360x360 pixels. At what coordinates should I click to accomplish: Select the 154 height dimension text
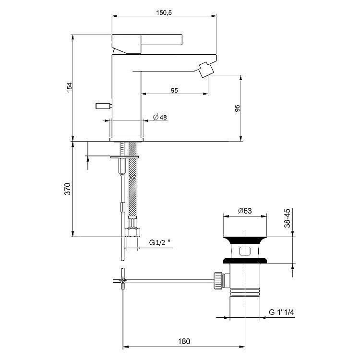[x=69, y=87]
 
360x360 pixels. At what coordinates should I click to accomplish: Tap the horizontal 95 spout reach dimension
[x=174, y=90]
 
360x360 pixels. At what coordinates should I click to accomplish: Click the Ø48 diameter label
[x=159, y=117]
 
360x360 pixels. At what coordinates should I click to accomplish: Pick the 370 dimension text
[x=68, y=189]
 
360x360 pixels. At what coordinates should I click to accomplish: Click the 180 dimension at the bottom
[x=184, y=341]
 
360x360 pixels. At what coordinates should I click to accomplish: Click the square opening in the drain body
[x=244, y=251]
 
